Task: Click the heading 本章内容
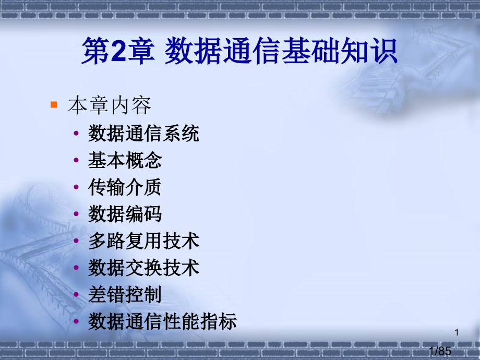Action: (110, 106)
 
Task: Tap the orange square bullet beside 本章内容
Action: (53, 105)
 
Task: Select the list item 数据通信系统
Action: (143, 134)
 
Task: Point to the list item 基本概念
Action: (125, 161)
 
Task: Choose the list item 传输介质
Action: (125, 187)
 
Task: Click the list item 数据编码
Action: (125, 214)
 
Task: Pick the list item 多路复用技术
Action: (143, 241)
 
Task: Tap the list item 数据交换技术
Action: (143, 268)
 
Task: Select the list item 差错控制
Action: (125, 295)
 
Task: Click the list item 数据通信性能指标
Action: (162, 321)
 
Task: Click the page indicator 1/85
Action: (439, 352)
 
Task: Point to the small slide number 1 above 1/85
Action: (457, 332)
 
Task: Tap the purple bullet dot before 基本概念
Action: (77, 161)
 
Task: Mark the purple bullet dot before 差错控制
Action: (77, 295)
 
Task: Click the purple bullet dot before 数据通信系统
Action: (77, 134)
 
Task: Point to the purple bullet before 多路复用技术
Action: (77, 241)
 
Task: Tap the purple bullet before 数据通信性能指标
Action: (77, 321)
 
